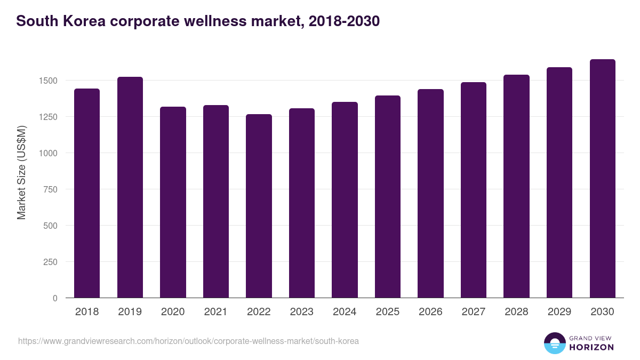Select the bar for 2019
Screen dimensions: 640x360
[130, 187]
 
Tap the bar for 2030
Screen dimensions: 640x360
[602, 179]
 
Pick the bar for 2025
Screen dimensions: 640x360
[388, 197]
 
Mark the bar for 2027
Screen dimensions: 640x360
[474, 190]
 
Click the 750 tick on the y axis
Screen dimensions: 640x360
[51, 189]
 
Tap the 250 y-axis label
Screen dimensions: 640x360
[51, 262]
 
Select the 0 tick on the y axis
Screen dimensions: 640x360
[55, 298]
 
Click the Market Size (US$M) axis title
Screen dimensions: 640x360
[21, 172]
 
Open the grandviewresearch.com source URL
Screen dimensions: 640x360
[188, 341]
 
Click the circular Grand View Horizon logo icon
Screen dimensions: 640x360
[554, 343]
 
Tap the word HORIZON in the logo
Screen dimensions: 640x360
[591, 347]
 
